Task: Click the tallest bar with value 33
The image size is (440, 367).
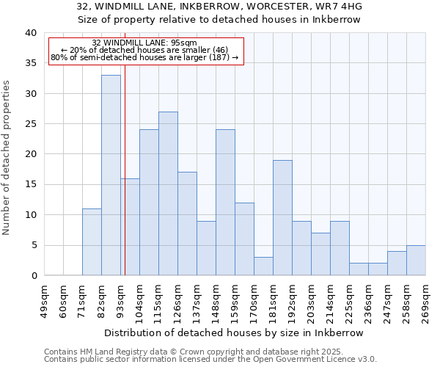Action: click(x=111, y=175)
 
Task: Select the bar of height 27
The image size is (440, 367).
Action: click(x=168, y=194)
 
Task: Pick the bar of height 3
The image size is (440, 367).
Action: click(x=263, y=266)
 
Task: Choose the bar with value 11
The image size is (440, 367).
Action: click(x=92, y=242)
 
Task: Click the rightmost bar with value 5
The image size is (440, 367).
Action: click(x=416, y=261)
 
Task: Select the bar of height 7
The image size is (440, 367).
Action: click(x=320, y=254)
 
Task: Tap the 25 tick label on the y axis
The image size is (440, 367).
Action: click(x=30, y=124)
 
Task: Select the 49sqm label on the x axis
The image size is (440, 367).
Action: click(x=44, y=299)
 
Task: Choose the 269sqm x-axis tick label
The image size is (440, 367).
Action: click(x=425, y=300)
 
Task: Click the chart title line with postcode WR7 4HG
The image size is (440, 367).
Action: click(x=219, y=6)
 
